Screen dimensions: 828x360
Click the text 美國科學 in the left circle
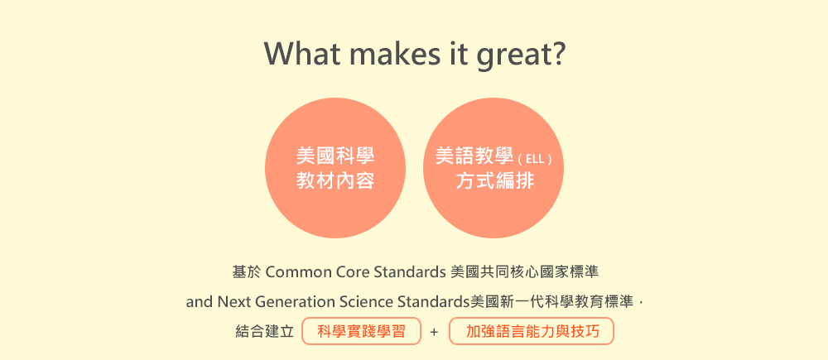coord(335,156)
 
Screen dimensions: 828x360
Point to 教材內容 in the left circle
coord(335,181)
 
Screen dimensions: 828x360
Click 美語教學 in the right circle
coord(474,156)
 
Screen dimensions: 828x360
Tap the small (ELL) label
coord(535,159)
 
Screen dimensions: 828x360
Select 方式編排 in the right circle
coord(495,181)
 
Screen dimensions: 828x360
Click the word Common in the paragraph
coord(298,272)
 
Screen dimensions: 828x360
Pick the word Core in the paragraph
coord(352,272)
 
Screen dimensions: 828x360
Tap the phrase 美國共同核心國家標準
coord(525,272)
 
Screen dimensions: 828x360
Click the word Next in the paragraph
coord(233,302)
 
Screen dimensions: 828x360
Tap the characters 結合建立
coord(265,332)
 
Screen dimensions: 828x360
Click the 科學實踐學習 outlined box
coord(362,331)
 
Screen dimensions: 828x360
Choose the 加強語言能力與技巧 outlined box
coord(532,331)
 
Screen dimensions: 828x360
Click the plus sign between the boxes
coord(434,333)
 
